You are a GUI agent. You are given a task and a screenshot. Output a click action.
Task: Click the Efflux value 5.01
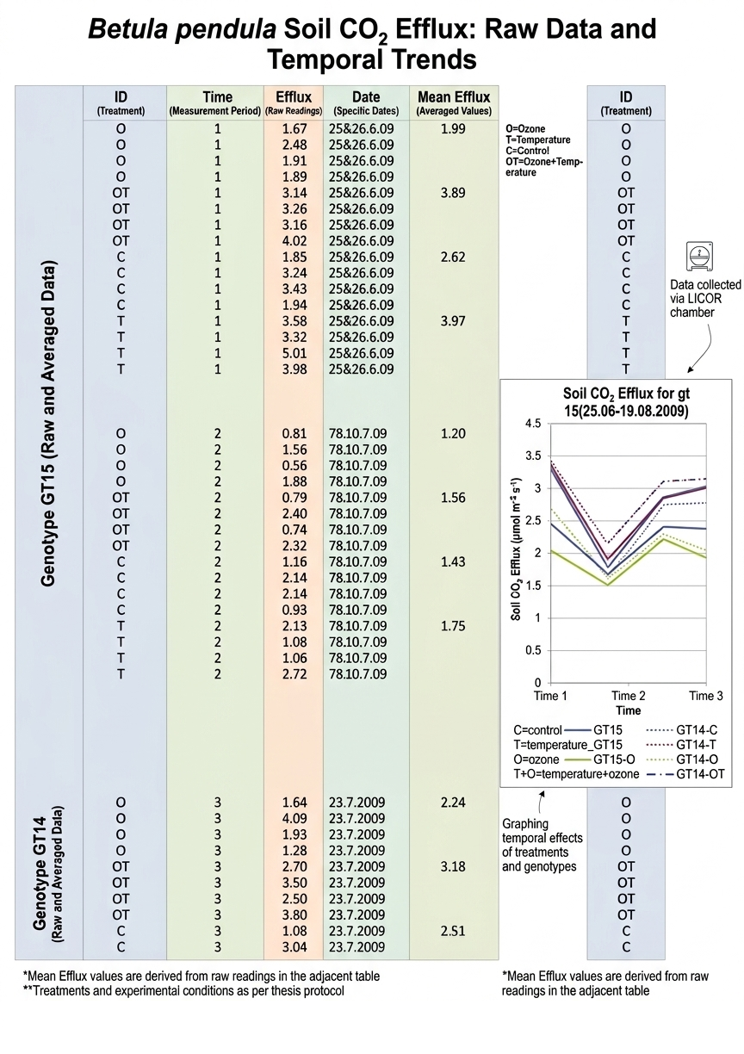tap(294, 353)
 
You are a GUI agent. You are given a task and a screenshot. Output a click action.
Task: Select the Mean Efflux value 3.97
tap(453, 321)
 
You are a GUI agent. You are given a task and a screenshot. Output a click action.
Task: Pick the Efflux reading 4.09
tap(294, 818)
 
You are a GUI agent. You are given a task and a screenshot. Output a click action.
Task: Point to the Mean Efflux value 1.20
tap(453, 434)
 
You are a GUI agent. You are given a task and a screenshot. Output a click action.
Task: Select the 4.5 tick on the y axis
tap(532, 424)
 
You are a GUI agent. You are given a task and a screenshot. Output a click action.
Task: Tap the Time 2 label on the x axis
tap(629, 696)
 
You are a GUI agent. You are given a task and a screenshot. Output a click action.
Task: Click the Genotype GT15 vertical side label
tap(49, 422)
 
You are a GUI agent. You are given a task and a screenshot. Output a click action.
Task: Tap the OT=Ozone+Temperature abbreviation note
tap(545, 167)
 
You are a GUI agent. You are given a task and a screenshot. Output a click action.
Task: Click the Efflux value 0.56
tap(294, 466)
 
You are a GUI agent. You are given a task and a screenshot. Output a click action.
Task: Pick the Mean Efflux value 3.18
tap(453, 866)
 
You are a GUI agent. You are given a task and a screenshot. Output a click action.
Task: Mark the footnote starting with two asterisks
tap(183, 991)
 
